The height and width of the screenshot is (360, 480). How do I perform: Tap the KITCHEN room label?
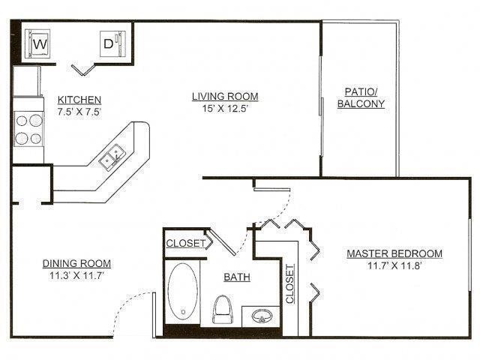pyautogui.click(x=79, y=100)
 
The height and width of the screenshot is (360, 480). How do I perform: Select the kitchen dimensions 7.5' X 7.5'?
pyautogui.click(x=79, y=111)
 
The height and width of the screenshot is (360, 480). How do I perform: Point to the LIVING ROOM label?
pyautogui.click(x=225, y=96)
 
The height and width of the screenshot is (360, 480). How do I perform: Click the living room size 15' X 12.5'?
pyautogui.click(x=225, y=107)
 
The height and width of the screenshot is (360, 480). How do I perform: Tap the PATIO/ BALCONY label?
pyautogui.click(x=361, y=97)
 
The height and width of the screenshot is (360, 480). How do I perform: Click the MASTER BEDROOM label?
pyautogui.click(x=394, y=253)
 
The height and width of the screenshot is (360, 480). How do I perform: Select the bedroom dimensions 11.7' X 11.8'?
pyautogui.click(x=394, y=265)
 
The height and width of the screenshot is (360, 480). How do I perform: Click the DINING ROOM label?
pyautogui.click(x=76, y=263)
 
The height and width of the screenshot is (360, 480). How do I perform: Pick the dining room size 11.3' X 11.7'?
pyautogui.click(x=76, y=274)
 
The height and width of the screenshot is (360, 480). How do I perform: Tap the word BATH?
pyautogui.click(x=237, y=277)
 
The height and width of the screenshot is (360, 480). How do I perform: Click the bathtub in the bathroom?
pyautogui.click(x=183, y=292)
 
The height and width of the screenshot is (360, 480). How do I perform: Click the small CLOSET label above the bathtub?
pyautogui.click(x=185, y=243)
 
